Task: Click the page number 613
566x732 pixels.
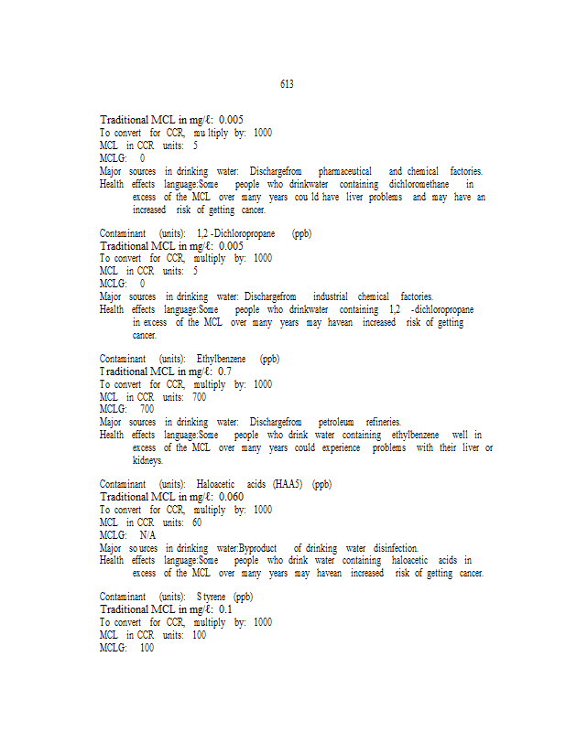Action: (287, 84)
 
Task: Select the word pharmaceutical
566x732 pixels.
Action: (344, 171)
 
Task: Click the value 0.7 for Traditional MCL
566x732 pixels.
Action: (224, 371)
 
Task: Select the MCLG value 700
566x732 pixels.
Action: (147, 409)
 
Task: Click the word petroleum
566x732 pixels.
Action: (335, 422)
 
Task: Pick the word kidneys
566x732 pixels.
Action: (147, 460)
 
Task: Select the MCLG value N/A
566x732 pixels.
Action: (147, 534)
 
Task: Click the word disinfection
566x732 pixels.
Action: (396, 547)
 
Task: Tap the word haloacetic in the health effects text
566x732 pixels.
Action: (410, 560)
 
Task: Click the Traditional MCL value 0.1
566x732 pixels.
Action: (224, 608)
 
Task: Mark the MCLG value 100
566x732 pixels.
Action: (147, 648)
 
